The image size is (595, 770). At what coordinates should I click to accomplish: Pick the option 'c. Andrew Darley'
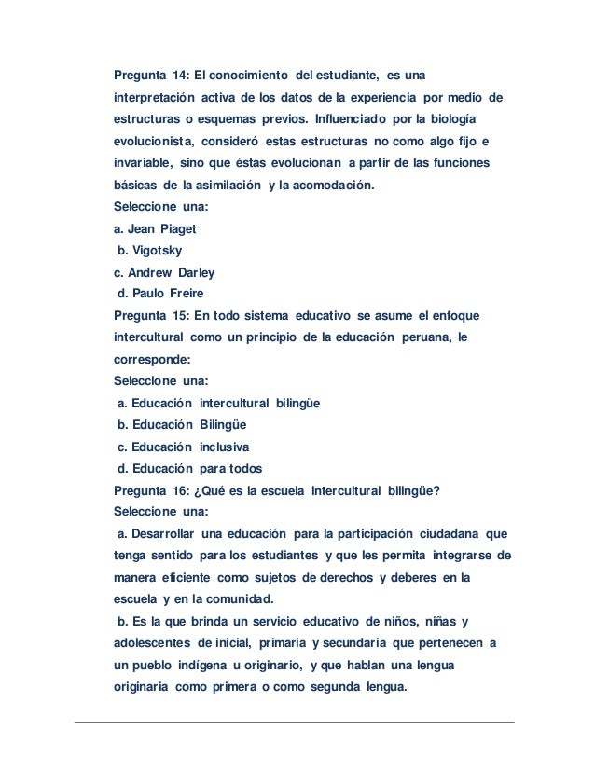pyautogui.click(x=163, y=273)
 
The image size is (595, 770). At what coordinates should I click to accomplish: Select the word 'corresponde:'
pyautogui.click(x=147, y=360)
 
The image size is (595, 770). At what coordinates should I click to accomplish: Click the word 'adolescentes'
pyautogui.click(x=151, y=643)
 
